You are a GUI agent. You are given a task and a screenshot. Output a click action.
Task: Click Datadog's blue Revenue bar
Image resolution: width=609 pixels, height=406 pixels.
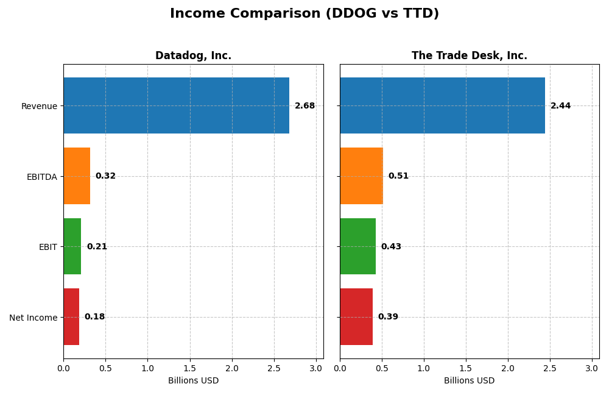tap(176, 105)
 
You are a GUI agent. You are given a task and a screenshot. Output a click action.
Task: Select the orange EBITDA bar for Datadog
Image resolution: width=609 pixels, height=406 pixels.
tap(77, 176)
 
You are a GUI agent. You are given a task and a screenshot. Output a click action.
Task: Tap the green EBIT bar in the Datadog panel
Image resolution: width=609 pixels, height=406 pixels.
tap(72, 246)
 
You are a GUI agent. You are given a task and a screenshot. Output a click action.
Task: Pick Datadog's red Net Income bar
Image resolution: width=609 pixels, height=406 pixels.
tap(71, 316)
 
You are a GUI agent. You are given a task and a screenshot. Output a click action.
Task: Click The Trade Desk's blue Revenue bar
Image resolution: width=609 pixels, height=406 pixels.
tap(442, 105)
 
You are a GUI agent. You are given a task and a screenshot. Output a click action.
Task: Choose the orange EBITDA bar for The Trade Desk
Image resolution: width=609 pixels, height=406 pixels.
tap(361, 176)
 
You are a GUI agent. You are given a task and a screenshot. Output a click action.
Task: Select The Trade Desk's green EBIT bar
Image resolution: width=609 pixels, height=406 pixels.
tap(357, 246)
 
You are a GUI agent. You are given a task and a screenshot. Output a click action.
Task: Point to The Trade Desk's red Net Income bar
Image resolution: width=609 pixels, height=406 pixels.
tap(356, 316)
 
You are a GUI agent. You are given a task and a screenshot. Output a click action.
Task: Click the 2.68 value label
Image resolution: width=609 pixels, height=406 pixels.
tap(304, 106)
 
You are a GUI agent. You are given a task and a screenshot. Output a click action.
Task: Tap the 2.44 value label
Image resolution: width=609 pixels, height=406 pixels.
tap(560, 106)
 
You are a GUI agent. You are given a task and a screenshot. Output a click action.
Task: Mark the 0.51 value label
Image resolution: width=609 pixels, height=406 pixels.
tap(398, 176)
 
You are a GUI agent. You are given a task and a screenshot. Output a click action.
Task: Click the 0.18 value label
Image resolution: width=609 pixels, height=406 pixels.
tap(94, 317)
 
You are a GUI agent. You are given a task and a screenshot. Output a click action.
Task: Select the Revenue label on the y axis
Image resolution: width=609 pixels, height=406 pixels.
tap(39, 106)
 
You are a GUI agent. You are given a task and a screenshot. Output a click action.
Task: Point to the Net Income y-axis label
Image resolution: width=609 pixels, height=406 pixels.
tap(33, 318)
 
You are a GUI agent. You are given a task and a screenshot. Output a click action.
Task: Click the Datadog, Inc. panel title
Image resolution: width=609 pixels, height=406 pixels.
tap(193, 56)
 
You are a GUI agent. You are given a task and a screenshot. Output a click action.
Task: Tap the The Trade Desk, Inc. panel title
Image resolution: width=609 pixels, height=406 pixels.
tap(469, 56)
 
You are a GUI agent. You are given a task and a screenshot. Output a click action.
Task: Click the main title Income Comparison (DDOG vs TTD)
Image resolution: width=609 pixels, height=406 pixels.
tap(304, 13)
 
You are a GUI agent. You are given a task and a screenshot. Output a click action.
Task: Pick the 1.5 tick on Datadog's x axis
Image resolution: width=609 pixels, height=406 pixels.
tap(190, 368)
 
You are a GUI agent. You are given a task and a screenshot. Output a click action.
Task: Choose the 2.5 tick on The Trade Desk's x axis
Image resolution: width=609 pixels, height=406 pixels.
tap(550, 368)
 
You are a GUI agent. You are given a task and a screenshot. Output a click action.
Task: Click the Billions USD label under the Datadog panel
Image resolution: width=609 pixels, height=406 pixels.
tap(193, 381)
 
